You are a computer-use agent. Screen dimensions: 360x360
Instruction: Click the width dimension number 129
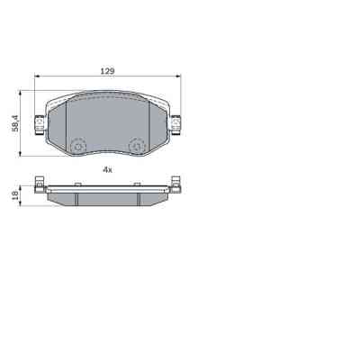click(x=108, y=69)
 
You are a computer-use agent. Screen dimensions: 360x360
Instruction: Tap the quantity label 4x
click(x=107, y=168)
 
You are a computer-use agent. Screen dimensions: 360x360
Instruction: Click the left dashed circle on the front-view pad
click(x=77, y=145)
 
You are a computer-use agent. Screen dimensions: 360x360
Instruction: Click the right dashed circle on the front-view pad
click(x=137, y=145)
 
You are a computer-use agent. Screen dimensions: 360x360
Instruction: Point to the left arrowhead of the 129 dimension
click(x=38, y=78)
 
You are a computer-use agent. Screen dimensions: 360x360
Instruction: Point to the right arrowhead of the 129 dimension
click(x=178, y=78)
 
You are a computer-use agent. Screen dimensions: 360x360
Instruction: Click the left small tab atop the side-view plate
click(x=78, y=185)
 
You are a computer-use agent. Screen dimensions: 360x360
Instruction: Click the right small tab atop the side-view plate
click(x=137, y=185)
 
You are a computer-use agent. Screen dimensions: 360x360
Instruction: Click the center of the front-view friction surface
click(x=107, y=121)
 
